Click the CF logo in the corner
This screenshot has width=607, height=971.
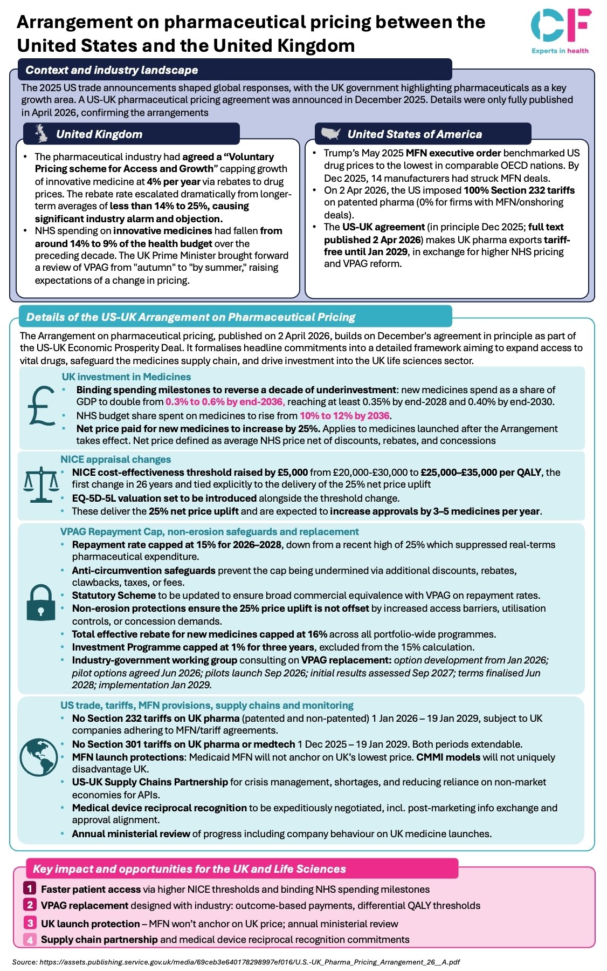click(x=560, y=25)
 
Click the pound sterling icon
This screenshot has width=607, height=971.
click(x=41, y=405)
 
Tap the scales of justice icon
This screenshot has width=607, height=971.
click(x=41, y=485)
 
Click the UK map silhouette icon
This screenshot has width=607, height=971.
click(x=42, y=133)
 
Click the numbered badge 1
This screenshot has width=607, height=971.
click(x=30, y=888)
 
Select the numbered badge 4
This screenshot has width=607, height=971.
click(x=30, y=940)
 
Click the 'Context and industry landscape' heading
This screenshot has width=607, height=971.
click(x=112, y=70)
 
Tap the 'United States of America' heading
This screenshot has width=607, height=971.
click(x=414, y=134)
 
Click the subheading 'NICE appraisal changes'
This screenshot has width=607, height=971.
click(x=115, y=460)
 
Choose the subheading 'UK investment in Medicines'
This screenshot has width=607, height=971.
click(x=126, y=377)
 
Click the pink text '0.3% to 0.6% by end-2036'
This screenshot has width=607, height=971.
click(x=224, y=402)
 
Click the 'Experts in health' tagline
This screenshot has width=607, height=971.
click(x=560, y=51)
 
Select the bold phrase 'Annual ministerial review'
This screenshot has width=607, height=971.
click(x=131, y=834)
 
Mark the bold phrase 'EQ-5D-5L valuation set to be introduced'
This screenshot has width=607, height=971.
click(x=164, y=498)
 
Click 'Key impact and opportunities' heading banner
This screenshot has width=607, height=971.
click(x=189, y=869)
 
